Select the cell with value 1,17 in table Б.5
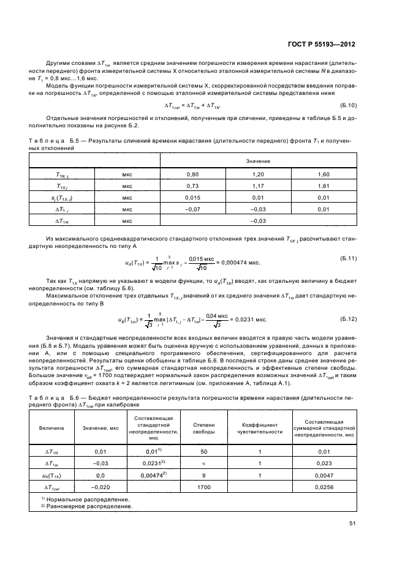(258, 185)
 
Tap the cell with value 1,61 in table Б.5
(324, 185)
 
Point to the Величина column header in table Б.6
(50, 427)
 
